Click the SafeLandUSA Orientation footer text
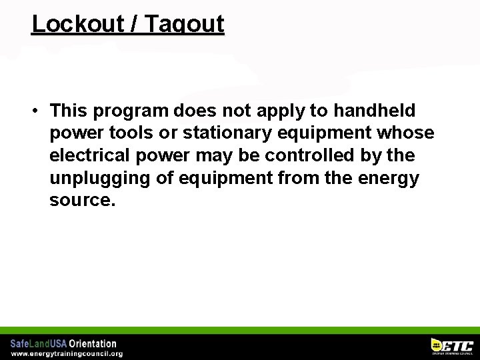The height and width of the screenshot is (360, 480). [63, 344]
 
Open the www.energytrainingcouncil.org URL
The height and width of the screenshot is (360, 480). [66, 353]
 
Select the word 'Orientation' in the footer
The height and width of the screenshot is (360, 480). [93, 344]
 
